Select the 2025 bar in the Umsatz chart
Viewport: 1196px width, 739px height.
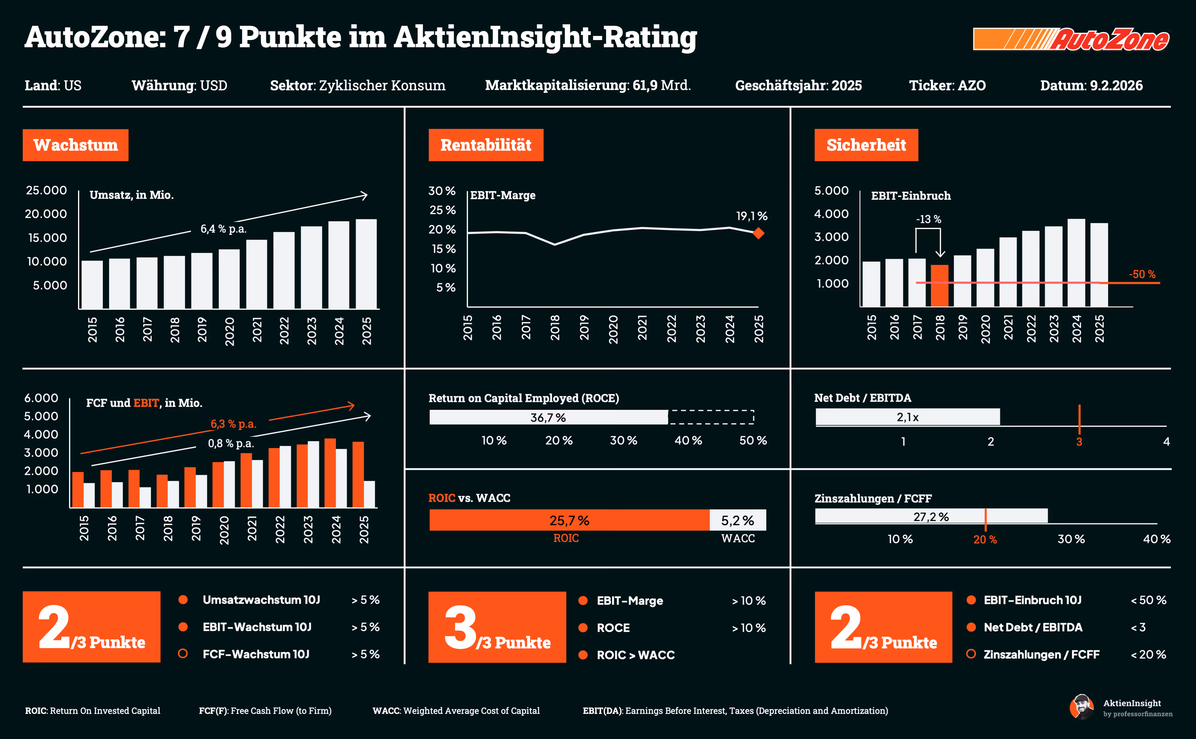click(x=366, y=264)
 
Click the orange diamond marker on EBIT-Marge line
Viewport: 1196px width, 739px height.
click(x=758, y=234)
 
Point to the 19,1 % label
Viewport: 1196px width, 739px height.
click(x=751, y=216)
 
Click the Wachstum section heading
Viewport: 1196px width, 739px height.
click(x=76, y=145)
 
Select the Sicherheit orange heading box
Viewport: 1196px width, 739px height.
click(x=866, y=145)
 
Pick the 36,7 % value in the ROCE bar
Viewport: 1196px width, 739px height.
click(x=548, y=418)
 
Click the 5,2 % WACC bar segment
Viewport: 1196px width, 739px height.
click(x=737, y=520)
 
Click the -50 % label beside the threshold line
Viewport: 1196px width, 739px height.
click(x=1142, y=274)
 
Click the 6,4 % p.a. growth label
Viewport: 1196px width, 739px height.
click(x=223, y=229)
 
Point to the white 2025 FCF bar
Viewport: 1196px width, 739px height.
click(x=369, y=494)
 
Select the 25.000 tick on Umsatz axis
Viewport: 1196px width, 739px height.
click(x=46, y=190)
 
